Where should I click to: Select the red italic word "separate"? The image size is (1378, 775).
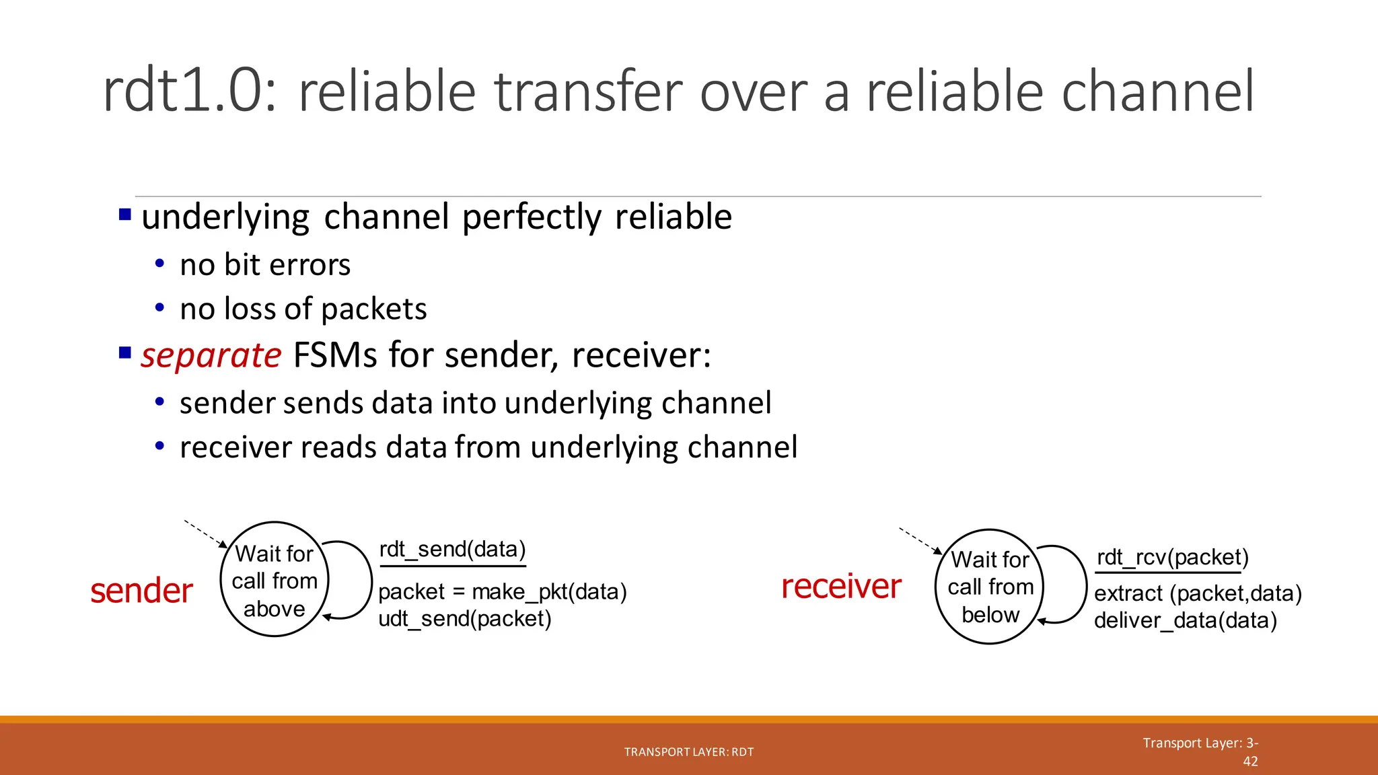[211, 355]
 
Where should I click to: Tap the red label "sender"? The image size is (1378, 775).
[141, 591]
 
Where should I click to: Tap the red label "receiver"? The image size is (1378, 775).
[841, 586]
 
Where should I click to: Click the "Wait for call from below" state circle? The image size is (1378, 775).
[990, 587]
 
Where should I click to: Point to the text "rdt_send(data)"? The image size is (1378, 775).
[452, 550]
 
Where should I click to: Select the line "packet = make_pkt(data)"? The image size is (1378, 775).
[502, 592]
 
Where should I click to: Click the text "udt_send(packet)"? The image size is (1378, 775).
[464, 619]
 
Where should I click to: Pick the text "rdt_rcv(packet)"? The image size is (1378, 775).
[1172, 558]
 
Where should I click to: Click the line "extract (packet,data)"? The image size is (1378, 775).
[1198, 594]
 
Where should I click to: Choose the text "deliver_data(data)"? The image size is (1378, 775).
[1185, 621]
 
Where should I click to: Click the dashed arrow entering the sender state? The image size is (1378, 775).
[205, 533]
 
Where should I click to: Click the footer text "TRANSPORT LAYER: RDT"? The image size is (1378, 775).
[688, 752]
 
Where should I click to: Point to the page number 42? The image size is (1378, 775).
[1249, 762]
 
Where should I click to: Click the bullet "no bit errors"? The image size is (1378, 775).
[265, 265]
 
